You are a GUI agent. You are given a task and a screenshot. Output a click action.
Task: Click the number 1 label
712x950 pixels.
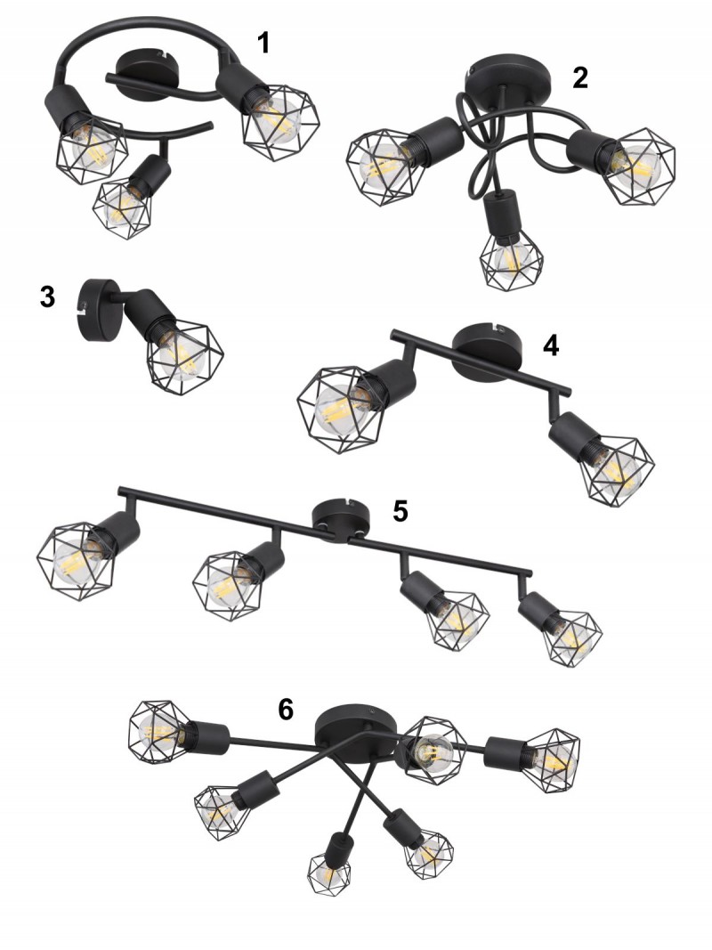coord(263,43)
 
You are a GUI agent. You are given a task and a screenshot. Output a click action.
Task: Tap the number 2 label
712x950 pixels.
coord(580,77)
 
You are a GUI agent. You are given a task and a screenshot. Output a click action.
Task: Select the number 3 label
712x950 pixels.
coord(47,296)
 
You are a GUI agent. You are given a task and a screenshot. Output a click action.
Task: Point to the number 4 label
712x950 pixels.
coord(551,346)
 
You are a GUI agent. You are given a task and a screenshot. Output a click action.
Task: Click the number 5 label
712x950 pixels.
coord(400,511)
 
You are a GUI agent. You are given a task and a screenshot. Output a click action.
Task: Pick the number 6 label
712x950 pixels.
coord(286,709)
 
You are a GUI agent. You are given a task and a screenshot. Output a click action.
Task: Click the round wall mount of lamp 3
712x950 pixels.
coord(98,309)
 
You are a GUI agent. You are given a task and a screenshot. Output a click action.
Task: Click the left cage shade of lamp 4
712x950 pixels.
coord(341,410)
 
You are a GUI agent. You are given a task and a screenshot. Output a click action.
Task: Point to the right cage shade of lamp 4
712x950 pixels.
coord(617,470)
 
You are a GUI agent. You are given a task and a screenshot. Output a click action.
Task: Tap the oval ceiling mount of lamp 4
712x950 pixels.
coord(487,352)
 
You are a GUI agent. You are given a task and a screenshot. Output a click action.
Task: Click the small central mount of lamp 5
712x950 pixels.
coord(340,520)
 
